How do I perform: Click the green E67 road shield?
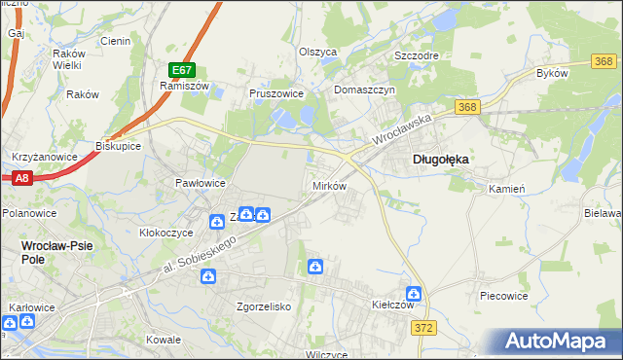(x=182, y=70)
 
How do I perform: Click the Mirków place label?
(x=328, y=185)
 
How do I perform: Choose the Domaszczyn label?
(x=363, y=90)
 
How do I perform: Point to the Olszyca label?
(x=317, y=52)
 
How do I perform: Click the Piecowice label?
(x=504, y=294)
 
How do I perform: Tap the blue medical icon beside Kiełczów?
(x=414, y=293)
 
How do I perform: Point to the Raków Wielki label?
(x=67, y=58)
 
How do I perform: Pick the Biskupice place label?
(x=119, y=146)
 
